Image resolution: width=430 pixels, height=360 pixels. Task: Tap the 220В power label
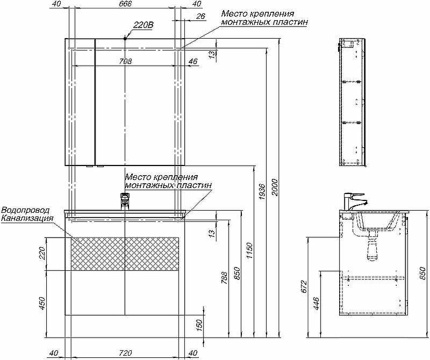[x=143, y=25]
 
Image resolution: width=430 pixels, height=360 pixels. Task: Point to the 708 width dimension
[x=125, y=61]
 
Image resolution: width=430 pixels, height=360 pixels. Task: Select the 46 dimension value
[x=192, y=61]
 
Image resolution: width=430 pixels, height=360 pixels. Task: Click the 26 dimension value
[x=200, y=17]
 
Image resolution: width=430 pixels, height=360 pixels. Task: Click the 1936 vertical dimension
[x=262, y=192]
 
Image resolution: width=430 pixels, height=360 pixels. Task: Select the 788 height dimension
[x=225, y=277]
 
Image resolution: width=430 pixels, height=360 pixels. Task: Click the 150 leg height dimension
[x=199, y=325]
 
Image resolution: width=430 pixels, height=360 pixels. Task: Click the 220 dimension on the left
[x=43, y=253]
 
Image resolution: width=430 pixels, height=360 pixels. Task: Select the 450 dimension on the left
[x=43, y=304]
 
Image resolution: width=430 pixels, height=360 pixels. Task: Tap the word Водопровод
[x=26, y=210]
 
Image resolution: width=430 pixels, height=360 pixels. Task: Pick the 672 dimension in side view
[x=304, y=287]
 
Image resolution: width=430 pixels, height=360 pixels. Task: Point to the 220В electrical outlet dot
[x=125, y=38]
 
